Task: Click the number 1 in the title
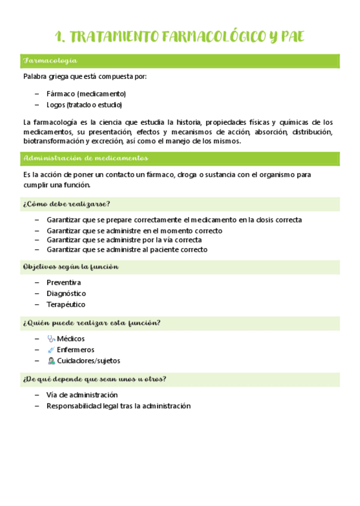pyautogui.click(x=59, y=37)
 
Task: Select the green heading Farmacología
pyautogui.click(x=50, y=61)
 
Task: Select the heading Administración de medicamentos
pyautogui.click(x=85, y=158)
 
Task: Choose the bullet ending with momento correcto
pyautogui.click(x=134, y=230)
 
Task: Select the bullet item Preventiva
pyautogui.click(x=64, y=282)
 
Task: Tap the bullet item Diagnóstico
pyautogui.click(x=66, y=294)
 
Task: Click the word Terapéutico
pyautogui.click(x=66, y=304)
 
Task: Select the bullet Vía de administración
pyautogui.click(x=82, y=395)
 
